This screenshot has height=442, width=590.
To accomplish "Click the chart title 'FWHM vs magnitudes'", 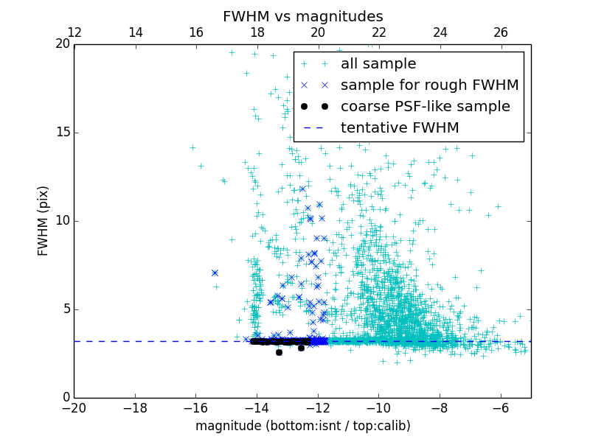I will [x=302, y=16].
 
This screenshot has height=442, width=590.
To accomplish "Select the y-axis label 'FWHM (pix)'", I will [x=44, y=220].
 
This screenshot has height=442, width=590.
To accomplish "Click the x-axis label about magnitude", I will [x=302, y=426].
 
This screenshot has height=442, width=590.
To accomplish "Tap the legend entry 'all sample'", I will [x=378, y=64].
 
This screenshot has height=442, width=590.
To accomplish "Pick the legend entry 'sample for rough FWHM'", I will [x=429, y=85].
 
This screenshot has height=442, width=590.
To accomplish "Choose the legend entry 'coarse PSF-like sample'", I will [x=425, y=106].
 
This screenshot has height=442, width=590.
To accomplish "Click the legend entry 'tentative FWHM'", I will [x=400, y=127].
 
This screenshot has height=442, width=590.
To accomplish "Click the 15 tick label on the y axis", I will [x=61, y=133].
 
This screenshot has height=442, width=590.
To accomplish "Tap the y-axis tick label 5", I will [x=65, y=309].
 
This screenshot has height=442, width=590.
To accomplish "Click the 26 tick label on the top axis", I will [x=501, y=32].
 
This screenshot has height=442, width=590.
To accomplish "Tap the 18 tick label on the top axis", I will [x=257, y=32].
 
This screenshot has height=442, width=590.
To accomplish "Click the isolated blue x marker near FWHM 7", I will [x=215, y=273].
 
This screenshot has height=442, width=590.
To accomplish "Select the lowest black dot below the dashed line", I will [x=279, y=352].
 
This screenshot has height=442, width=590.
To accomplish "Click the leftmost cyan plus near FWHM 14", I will [x=192, y=147].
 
